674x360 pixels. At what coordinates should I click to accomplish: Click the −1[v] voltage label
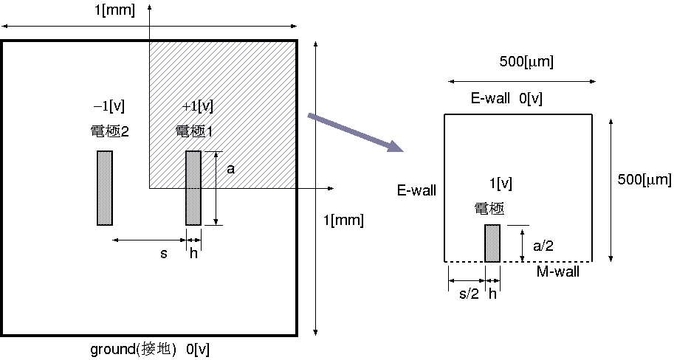click(109, 106)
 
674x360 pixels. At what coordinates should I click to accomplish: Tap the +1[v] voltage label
click(197, 106)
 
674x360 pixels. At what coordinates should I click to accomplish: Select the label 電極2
click(109, 131)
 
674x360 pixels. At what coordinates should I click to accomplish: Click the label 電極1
click(194, 131)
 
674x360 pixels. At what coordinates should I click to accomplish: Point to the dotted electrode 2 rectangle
click(105, 187)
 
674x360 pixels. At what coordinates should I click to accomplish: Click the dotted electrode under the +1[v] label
click(193, 187)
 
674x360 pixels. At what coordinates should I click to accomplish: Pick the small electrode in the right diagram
click(492, 243)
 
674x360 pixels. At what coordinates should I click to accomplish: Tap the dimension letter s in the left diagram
click(163, 254)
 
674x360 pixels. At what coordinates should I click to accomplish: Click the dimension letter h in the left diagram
click(194, 254)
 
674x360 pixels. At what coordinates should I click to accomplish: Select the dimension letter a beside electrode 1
click(231, 169)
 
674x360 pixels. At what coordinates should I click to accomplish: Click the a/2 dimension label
click(543, 246)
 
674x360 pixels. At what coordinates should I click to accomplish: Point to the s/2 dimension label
click(469, 294)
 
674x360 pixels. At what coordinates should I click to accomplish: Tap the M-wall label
click(558, 271)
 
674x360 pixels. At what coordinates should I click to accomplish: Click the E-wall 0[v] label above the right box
click(506, 98)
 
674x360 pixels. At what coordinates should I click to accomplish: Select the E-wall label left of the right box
click(416, 190)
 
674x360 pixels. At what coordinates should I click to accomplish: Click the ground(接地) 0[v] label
click(150, 350)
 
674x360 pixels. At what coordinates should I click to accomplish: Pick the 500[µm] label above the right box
click(526, 62)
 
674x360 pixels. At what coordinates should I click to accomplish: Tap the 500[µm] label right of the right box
click(644, 179)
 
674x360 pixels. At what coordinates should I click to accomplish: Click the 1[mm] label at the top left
click(114, 10)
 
